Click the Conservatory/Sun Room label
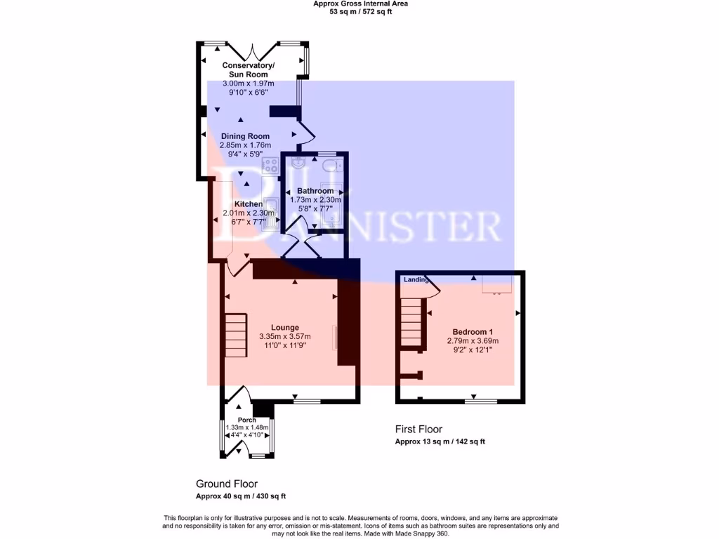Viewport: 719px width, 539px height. (249, 69)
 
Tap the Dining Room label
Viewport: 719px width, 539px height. (245, 136)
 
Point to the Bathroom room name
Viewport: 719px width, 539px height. (315, 191)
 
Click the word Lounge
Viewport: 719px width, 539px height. (284, 327)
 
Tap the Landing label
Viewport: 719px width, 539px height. (416, 280)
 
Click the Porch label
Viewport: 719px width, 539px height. (246, 420)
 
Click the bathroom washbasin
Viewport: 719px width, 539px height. (298, 164)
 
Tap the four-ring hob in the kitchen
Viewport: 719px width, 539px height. (270, 166)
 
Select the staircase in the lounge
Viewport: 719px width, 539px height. (236, 335)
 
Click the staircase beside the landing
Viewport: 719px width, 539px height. (411, 322)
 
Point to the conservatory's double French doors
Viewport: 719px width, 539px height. (249, 51)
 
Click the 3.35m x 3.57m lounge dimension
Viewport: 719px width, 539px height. (284, 336)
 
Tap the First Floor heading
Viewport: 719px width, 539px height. (418, 430)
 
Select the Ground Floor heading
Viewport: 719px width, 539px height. (226, 484)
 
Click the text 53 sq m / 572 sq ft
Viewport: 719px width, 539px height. (360, 11)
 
